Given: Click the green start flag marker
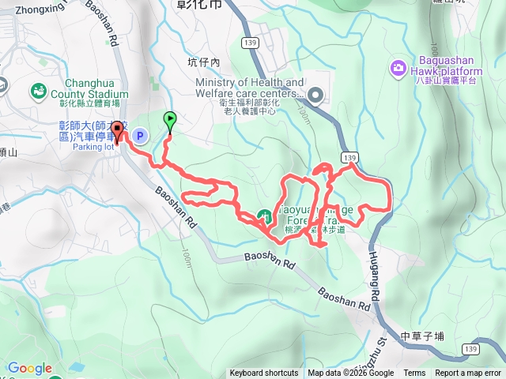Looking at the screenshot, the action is [170, 120].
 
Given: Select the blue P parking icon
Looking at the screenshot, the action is [140, 137].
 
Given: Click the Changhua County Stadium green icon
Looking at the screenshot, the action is [37, 92].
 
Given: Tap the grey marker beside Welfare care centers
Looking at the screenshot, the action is [316, 96].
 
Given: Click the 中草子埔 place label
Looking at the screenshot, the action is [423, 336].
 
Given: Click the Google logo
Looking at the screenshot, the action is [29, 368].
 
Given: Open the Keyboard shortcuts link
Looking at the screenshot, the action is [265, 373].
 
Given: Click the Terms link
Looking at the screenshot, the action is [414, 373].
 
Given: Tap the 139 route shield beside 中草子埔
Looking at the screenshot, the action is [472, 347].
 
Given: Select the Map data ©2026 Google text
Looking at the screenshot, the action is [351, 373].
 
